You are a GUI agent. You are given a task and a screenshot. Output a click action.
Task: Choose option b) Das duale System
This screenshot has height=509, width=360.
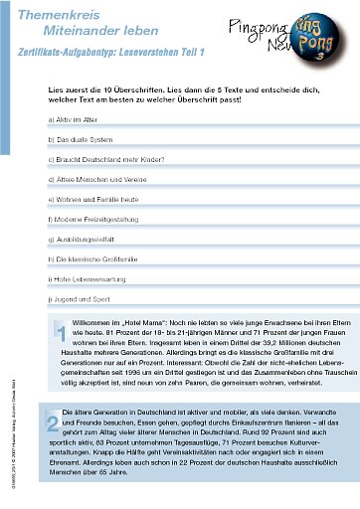coord(82,140)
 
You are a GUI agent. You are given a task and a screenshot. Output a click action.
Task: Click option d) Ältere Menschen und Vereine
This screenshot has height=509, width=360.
coord(97,185)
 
